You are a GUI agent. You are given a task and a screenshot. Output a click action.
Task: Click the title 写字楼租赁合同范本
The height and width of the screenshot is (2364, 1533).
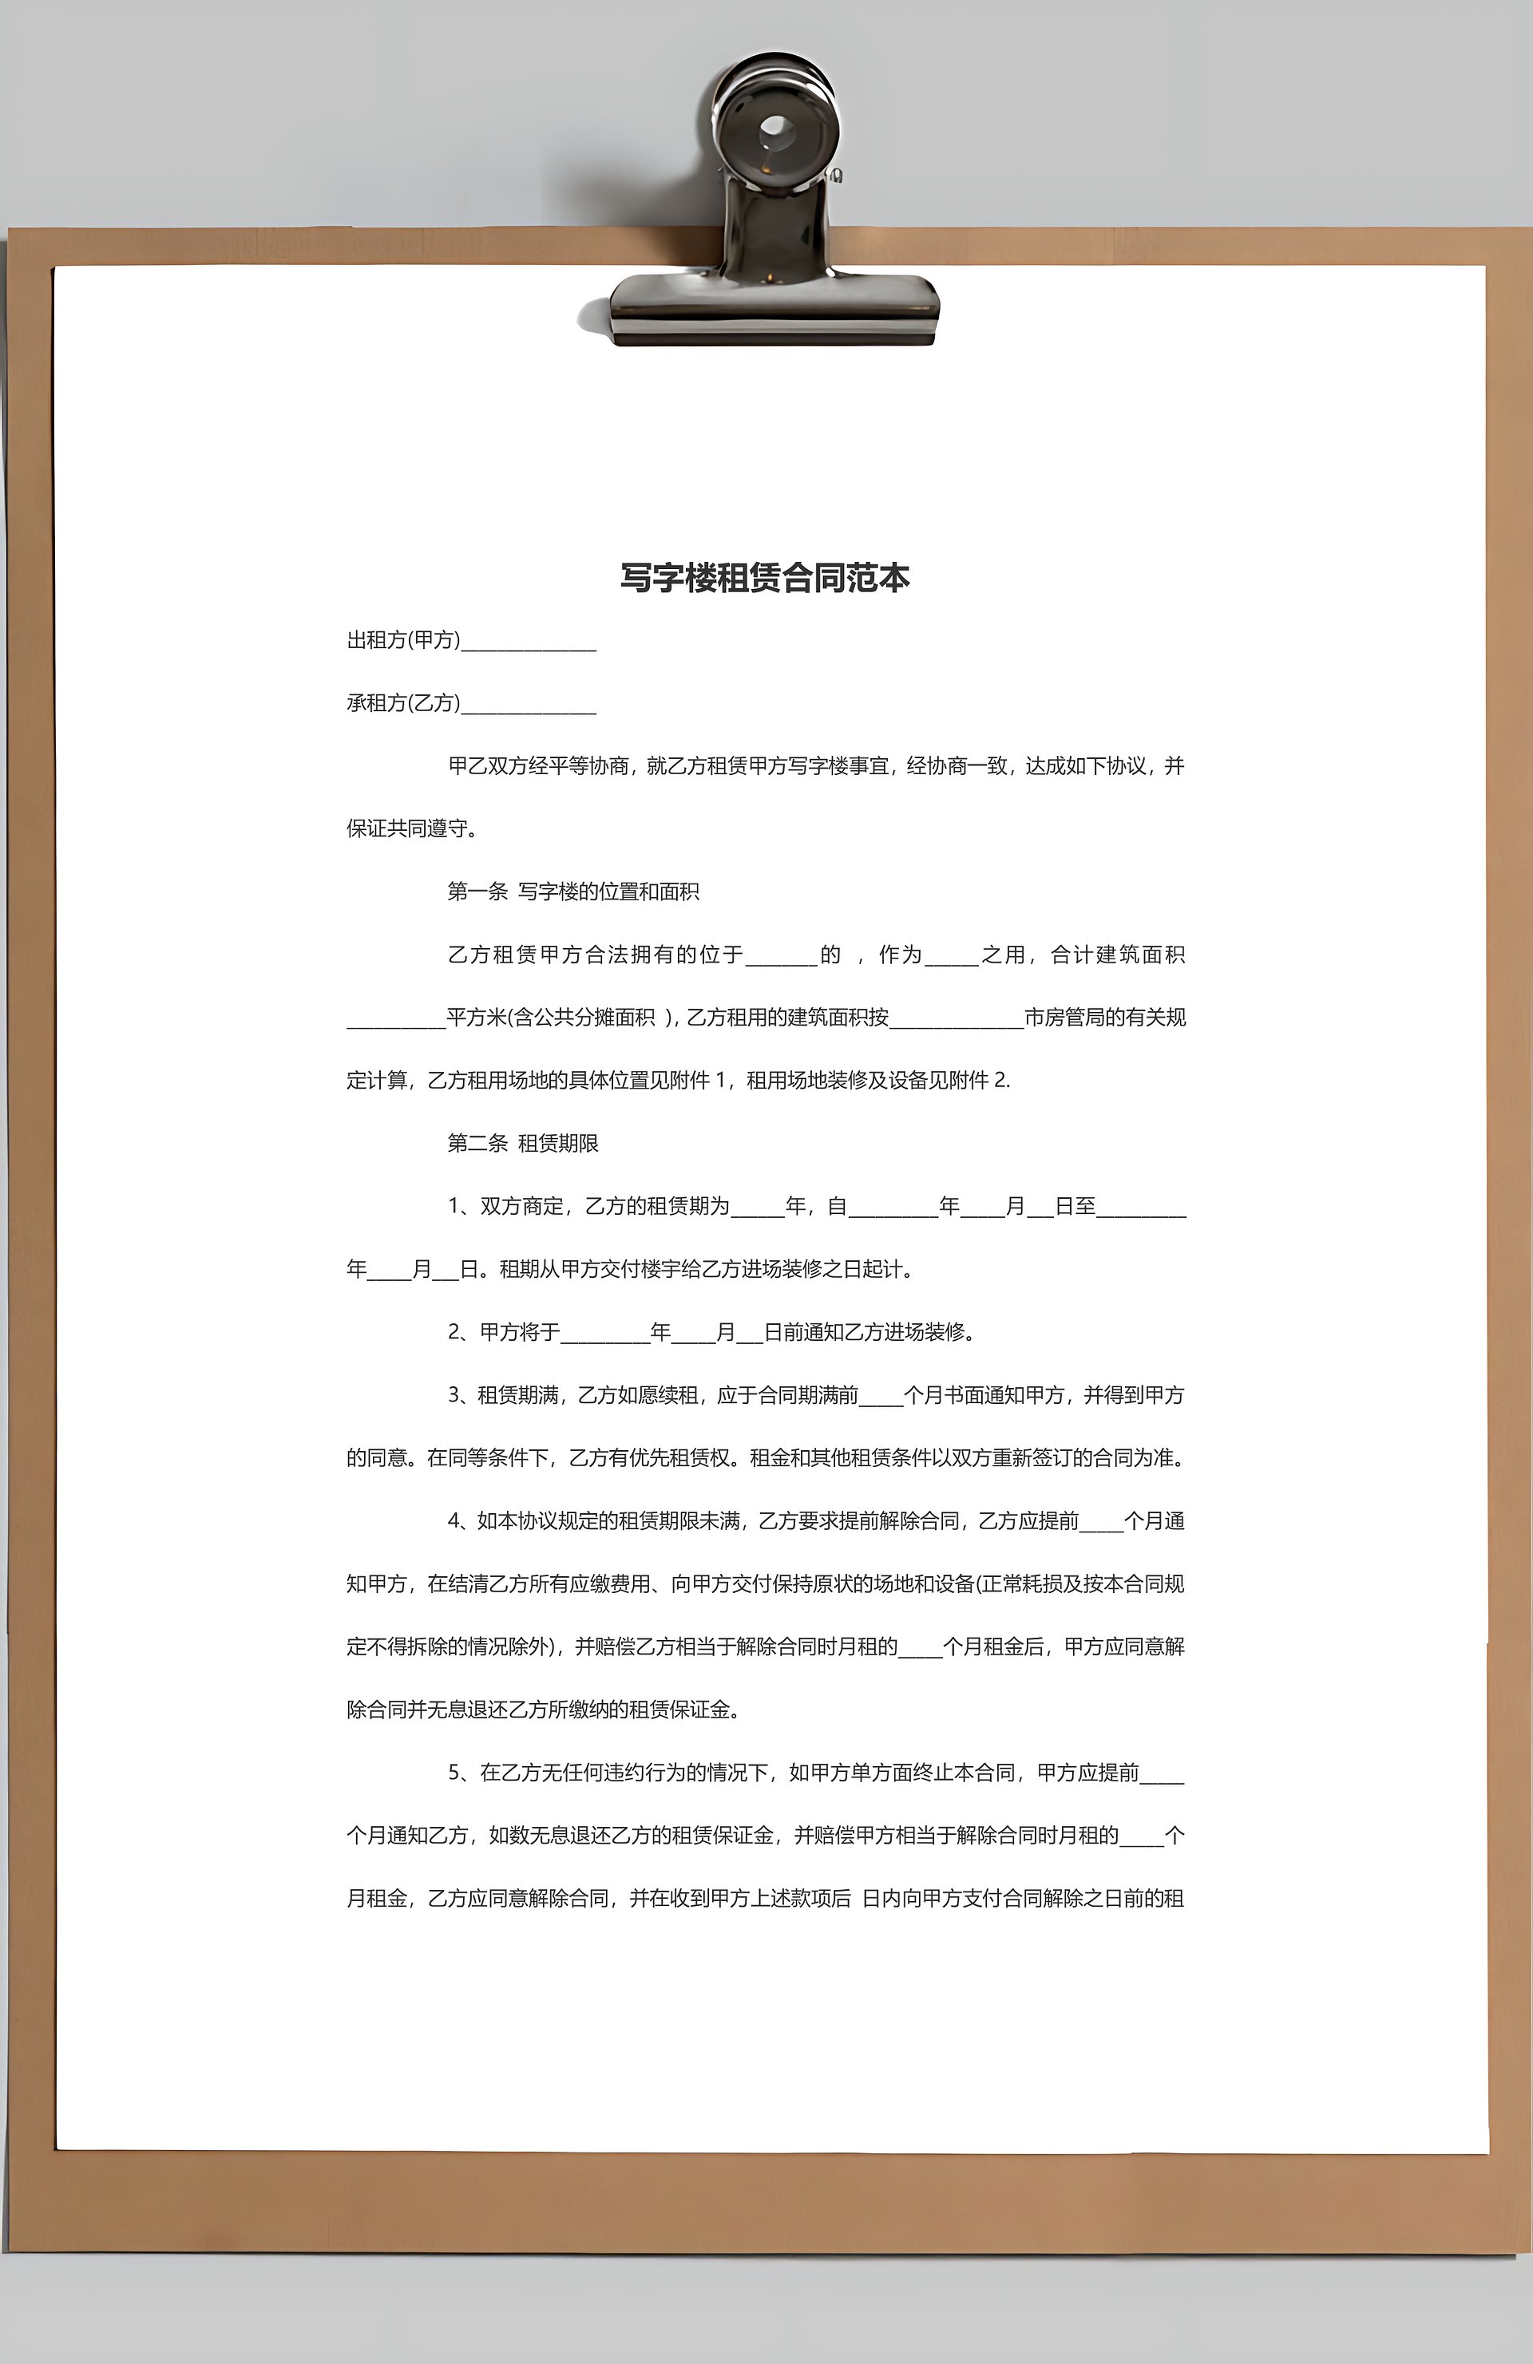[x=764, y=578]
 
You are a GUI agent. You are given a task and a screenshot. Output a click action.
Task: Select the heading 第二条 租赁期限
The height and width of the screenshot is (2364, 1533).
[x=523, y=1143]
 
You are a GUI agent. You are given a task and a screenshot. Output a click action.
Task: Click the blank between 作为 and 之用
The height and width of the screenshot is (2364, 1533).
[x=952, y=959]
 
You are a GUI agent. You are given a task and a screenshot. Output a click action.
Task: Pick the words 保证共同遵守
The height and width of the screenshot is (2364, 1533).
[x=407, y=828]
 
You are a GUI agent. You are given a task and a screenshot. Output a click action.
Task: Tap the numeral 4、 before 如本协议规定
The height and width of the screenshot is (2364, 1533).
[x=461, y=1520]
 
